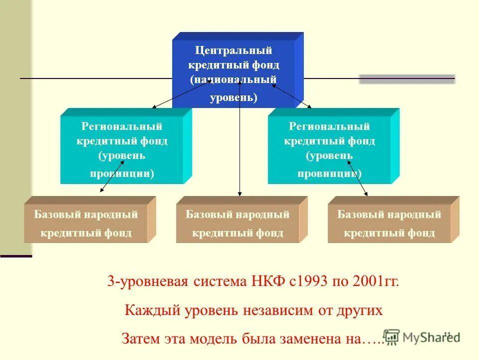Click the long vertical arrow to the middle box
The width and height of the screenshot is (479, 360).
click(x=240, y=150)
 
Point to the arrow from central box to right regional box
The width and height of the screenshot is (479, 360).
click(x=291, y=95)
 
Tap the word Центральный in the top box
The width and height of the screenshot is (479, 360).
click(x=234, y=50)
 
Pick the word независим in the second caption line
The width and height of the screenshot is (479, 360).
click(x=279, y=310)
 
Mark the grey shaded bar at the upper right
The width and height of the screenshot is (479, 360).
click(x=407, y=79)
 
